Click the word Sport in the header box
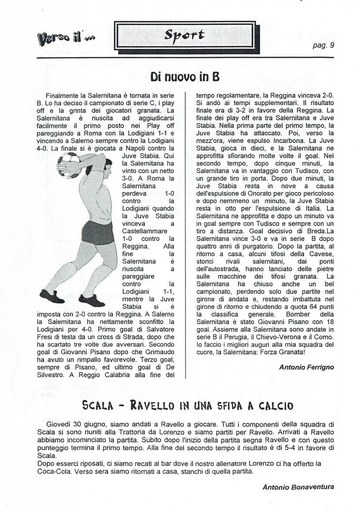(x=184, y=35)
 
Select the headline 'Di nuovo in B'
(x=184, y=76)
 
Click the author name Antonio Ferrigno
(x=306, y=367)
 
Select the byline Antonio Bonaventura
(x=298, y=487)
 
